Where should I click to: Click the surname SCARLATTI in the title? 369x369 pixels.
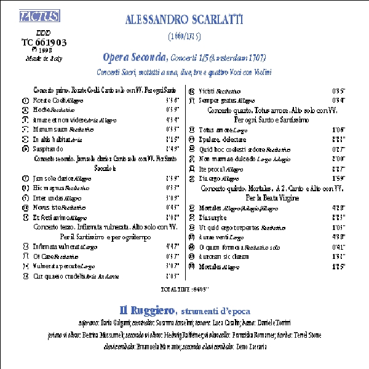point(208,20)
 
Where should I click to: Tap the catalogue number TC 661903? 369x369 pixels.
point(44,42)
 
